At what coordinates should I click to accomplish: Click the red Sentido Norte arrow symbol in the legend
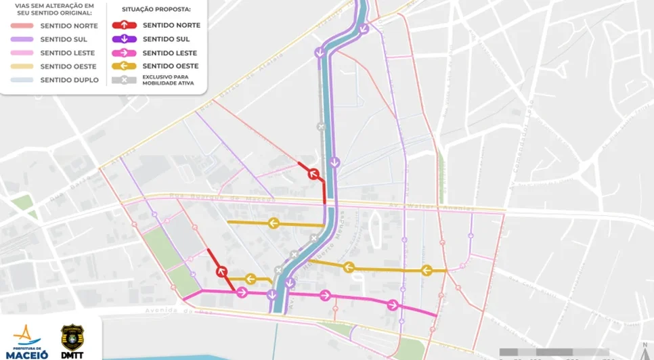pyautogui.click(x=125, y=25)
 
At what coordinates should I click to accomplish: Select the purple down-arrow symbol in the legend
pyautogui.click(x=125, y=39)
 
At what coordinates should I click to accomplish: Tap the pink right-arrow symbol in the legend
pyautogui.click(x=125, y=53)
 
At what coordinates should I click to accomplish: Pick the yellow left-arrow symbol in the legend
pyautogui.click(x=125, y=66)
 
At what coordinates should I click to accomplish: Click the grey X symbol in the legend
pyautogui.click(x=125, y=81)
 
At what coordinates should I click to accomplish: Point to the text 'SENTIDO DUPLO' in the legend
pyautogui.click(x=69, y=81)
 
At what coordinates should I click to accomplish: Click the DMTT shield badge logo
pyautogui.click(x=72, y=337)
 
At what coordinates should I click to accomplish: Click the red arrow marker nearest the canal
pyautogui.click(x=313, y=174)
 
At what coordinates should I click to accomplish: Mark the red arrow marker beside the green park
pyautogui.click(x=221, y=272)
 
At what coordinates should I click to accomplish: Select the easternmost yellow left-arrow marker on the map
pyautogui.click(x=427, y=271)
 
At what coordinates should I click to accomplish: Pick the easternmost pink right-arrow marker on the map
pyautogui.click(x=393, y=305)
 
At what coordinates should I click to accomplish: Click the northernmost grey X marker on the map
pyautogui.click(x=322, y=127)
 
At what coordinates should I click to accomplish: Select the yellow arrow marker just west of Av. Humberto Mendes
pyautogui.click(x=273, y=223)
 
